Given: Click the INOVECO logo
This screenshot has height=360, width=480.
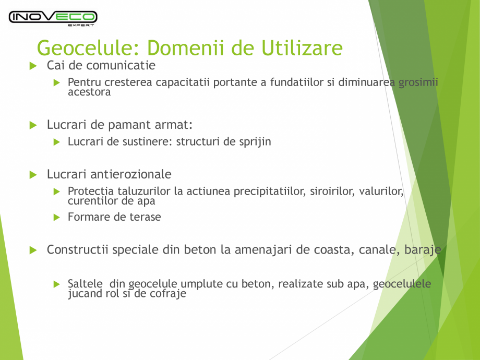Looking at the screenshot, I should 53,17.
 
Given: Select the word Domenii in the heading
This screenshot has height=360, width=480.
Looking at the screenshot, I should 187,48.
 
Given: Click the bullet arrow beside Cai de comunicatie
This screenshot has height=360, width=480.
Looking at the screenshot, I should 33,66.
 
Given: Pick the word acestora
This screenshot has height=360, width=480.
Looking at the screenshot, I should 89,92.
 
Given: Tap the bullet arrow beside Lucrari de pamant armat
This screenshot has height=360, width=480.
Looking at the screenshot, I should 33,125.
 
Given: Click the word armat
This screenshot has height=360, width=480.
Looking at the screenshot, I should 175,125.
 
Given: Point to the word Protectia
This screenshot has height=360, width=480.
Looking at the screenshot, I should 90,191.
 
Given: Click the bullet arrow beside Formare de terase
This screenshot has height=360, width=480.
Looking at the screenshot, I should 57,217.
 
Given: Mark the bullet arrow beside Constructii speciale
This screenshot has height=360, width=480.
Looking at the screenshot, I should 33,250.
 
